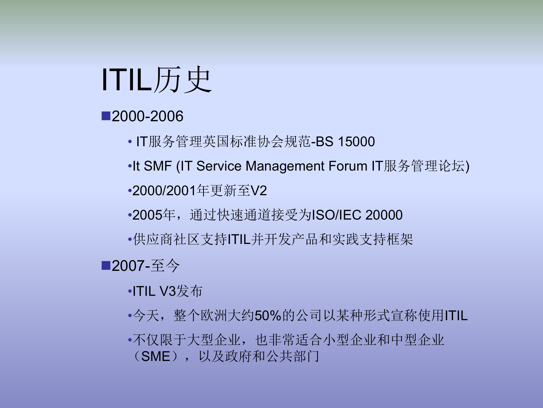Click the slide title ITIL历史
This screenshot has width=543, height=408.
point(156,80)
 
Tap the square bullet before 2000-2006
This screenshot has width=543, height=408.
point(106,116)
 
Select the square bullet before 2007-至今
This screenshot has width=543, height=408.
point(106,265)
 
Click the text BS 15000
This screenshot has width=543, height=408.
point(345,141)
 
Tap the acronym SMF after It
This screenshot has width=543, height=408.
point(158,166)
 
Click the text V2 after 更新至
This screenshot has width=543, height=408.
point(258,190)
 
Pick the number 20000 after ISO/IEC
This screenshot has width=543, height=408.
point(384,215)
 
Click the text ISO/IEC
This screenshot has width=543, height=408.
point(336,215)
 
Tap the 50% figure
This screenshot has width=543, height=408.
point(268,316)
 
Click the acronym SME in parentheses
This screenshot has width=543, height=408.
point(156,356)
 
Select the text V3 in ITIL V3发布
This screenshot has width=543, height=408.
point(168,291)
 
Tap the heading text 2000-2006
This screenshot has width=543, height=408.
point(147,116)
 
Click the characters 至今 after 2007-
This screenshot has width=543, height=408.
point(165,266)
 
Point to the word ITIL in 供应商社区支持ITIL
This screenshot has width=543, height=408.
point(239,239)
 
